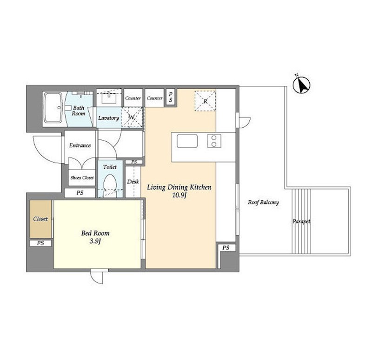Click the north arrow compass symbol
(301, 85)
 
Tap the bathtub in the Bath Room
(53, 108)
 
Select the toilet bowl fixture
(110, 184)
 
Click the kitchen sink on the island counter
(187, 141)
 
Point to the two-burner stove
(214, 141)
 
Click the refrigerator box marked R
(205, 101)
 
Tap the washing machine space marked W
(132, 118)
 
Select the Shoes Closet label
(82, 177)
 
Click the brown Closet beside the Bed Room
(40, 219)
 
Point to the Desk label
(133, 182)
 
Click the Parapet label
(301, 222)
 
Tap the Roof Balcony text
(263, 202)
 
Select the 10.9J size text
(179, 196)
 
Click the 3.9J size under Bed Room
(95, 242)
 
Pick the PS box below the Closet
(40, 243)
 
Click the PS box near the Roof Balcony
(226, 248)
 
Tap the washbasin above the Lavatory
(109, 98)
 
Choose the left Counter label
(133, 98)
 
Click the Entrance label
(80, 145)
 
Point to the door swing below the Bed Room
(97, 276)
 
